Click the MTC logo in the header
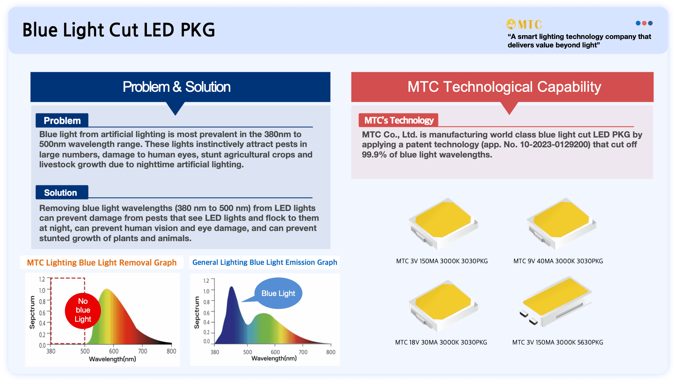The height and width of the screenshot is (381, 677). (524, 24)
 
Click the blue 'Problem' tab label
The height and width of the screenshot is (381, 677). (62, 121)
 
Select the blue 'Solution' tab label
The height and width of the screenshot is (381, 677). (61, 193)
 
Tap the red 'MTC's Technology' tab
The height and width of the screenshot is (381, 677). (399, 120)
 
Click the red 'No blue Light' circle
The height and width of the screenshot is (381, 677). (83, 311)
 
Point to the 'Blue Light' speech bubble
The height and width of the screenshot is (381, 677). (278, 293)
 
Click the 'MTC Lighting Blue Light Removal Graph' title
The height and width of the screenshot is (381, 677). (102, 262)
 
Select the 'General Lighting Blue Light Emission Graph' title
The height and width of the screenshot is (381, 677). (264, 262)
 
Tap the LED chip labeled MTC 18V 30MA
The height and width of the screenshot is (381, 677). (443, 304)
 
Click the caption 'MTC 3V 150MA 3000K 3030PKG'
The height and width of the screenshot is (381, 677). (442, 261)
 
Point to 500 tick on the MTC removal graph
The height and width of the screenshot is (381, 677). (85, 351)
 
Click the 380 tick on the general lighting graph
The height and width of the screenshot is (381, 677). (215, 352)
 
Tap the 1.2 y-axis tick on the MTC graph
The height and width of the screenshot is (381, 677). (42, 279)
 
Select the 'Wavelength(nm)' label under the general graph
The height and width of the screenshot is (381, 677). (274, 358)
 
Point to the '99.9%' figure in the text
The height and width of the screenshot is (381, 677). (374, 155)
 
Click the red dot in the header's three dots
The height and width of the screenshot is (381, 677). (644, 23)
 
